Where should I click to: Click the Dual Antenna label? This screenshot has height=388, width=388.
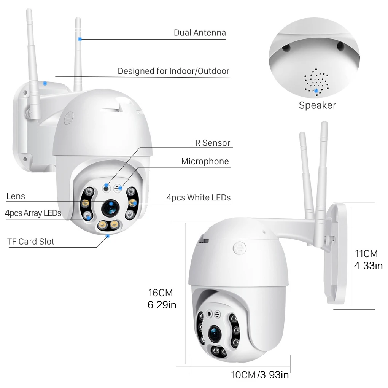tap(200, 33)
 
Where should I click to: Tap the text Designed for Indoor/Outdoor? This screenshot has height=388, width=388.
tap(173, 71)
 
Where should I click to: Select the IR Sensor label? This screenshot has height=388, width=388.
tap(211, 143)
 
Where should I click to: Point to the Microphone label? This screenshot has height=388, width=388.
tap(205, 161)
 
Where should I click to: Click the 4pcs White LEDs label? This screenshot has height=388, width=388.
tap(198, 198)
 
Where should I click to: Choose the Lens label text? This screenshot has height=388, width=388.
tap(16, 196)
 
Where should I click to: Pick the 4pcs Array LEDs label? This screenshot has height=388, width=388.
tap(33, 213)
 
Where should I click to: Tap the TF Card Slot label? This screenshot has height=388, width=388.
tap(31, 241)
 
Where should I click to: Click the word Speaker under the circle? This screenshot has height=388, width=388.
tap(317, 105)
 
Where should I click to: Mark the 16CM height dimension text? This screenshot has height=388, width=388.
tap(160, 293)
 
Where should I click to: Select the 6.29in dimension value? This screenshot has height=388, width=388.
tap(162, 305)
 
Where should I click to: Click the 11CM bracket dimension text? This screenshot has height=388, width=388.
tap(366, 254)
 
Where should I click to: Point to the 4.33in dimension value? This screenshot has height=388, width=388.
tap(368, 266)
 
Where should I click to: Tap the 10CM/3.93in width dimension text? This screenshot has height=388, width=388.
tap(260, 375)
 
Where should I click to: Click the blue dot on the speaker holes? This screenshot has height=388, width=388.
tap(316, 91)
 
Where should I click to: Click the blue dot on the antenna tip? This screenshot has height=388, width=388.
tap(80, 39)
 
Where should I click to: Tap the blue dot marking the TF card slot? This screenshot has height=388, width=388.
tap(108, 236)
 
